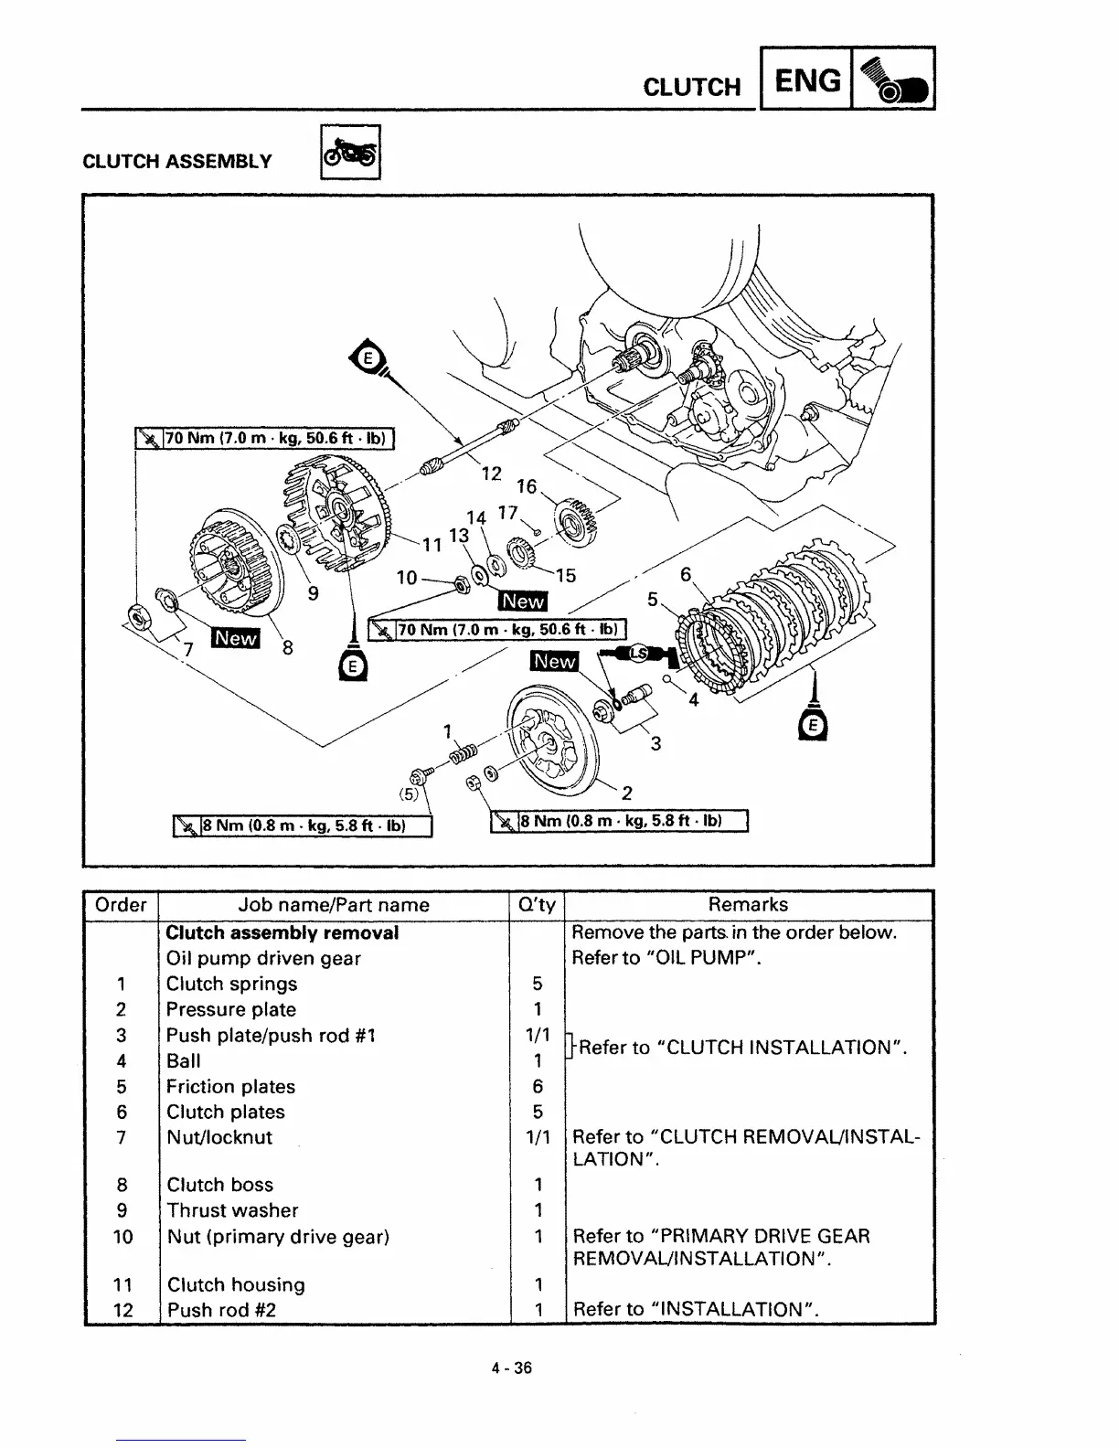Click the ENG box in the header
(806, 80)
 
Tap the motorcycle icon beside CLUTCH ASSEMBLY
(350, 152)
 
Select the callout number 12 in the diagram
(492, 473)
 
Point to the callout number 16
(527, 485)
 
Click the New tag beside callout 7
(235, 638)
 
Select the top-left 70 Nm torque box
(264, 439)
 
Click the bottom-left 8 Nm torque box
(303, 826)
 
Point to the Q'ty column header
(537, 905)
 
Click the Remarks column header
(748, 905)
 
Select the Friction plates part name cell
(230, 1087)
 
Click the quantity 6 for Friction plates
(538, 1087)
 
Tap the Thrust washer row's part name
(232, 1210)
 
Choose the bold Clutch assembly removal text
(282, 933)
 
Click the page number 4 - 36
(511, 1368)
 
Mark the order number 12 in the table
(123, 1310)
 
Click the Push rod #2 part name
(221, 1310)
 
